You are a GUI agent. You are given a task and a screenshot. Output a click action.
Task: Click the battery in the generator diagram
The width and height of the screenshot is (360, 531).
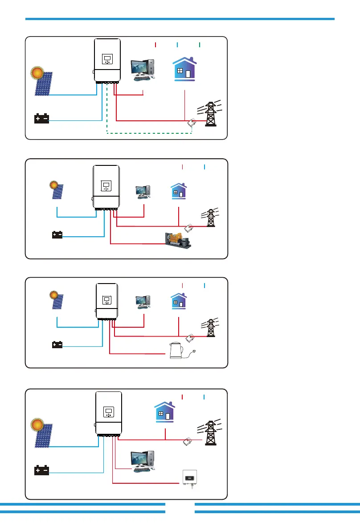click(x=57, y=235)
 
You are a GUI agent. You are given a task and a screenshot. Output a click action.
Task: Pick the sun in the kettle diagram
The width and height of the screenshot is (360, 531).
click(x=54, y=295)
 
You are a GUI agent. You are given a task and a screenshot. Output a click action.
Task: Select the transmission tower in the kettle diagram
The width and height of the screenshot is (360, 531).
click(x=210, y=329)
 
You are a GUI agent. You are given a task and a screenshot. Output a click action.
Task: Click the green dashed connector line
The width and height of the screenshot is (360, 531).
click(x=147, y=132)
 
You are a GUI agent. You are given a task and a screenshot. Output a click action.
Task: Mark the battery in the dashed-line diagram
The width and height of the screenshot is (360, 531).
click(x=42, y=119)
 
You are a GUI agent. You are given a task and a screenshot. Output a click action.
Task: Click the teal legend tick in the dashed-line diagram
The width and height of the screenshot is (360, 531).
click(x=200, y=45)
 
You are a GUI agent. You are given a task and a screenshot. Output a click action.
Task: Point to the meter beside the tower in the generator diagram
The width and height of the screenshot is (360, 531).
click(x=189, y=229)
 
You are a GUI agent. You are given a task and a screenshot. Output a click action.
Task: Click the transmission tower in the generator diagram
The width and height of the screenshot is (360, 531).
click(x=210, y=217)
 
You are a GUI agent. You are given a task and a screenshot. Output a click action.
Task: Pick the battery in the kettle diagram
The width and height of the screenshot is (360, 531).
click(x=57, y=345)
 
